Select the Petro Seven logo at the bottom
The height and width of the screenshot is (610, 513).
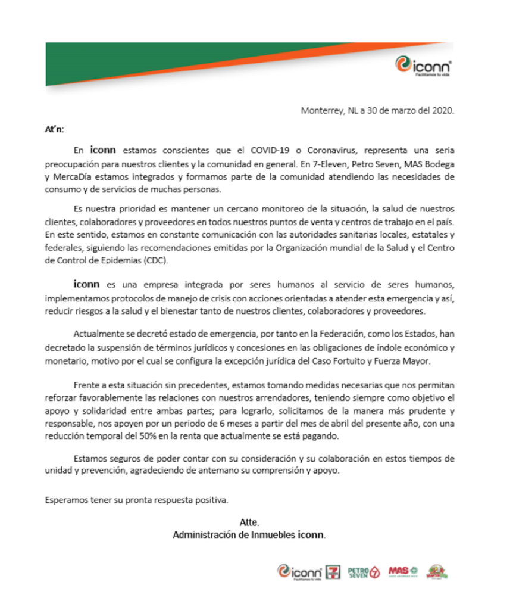point(363,572)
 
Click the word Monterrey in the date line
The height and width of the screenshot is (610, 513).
point(320,110)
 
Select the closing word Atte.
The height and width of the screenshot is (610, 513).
point(249,522)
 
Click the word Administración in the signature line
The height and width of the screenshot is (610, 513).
point(199,534)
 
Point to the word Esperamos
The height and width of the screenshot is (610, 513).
point(65,499)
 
